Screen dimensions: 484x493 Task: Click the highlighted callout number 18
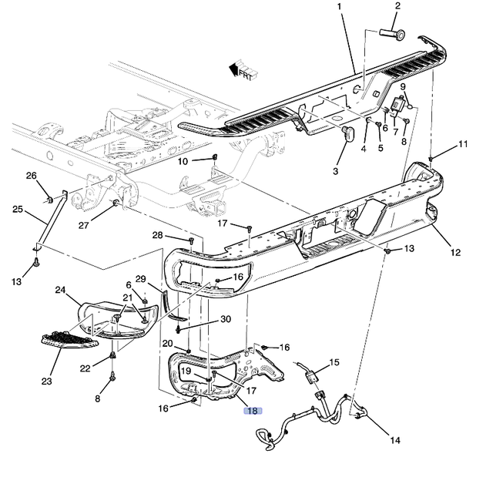(253, 412)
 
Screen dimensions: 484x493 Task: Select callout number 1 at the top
(338, 7)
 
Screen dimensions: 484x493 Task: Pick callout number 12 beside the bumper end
(456, 251)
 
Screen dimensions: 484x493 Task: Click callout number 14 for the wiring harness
(394, 441)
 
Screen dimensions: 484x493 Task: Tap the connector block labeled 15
(313, 378)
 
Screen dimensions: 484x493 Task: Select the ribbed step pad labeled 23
(69, 339)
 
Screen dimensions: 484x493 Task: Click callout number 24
(61, 290)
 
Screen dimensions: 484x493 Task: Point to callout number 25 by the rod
(17, 209)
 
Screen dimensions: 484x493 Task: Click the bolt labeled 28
(190, 240)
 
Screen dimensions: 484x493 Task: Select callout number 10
(183, 161)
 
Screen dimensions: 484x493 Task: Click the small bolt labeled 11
(431, 158)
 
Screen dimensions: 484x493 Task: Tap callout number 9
(402, 86)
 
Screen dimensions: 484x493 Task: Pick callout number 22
(86, 368)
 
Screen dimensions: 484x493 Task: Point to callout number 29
(140, 278)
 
